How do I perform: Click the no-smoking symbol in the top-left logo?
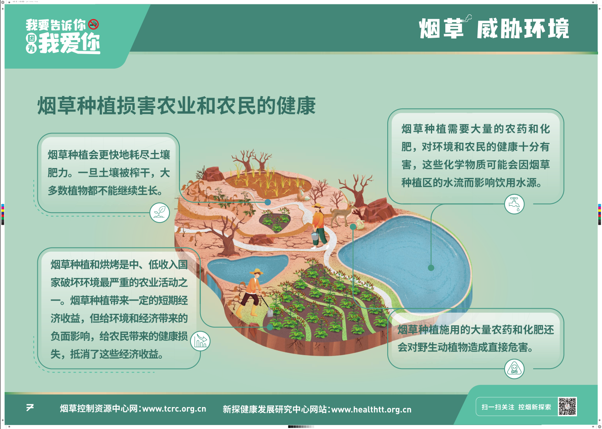[x=93, y=25]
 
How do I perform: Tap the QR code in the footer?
[x=567, y=406]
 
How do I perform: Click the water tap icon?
[x=514, y=204]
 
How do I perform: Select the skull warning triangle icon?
[x=514, y=369]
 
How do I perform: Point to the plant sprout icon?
[x=159, y=213]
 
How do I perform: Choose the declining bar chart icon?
[x=200, y=341]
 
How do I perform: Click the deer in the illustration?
[x=343, y=212]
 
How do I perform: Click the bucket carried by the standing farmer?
[x=315, y=236]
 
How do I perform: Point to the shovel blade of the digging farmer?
[x=270, y=312]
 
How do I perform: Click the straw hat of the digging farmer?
[x=256, y=271]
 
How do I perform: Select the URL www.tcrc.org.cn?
[x=174, y=409]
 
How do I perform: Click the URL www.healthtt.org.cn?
[x=371, y=410]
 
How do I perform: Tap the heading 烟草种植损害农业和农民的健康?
[x=177, y=106]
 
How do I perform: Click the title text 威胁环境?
[x=523, y=29]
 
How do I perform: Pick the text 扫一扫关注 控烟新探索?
[x=516, y=407]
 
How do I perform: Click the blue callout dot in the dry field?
[x=268, y=202]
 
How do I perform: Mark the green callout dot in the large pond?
[x=431, y=268]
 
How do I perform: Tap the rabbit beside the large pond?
[x=360, y=224]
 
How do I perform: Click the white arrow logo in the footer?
[x=30, y=408]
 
